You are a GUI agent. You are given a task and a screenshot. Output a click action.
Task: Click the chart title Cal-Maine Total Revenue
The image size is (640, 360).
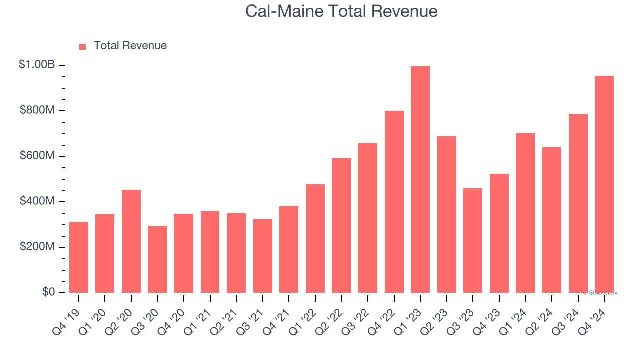(341, 11)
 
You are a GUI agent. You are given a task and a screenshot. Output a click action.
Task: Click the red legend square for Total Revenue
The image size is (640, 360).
(83, 47)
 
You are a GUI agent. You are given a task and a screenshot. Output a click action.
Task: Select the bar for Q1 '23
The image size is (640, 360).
(420, 179)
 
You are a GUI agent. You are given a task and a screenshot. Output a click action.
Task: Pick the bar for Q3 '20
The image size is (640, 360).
(157, 259)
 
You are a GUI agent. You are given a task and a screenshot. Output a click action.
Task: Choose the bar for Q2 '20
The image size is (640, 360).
(131, 241)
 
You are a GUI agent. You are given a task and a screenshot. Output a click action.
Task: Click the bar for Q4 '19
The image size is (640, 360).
(79, 257)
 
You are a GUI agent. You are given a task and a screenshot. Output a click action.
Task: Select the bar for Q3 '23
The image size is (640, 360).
(473, 240)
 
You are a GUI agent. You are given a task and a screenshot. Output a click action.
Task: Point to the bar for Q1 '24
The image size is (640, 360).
(525, 213)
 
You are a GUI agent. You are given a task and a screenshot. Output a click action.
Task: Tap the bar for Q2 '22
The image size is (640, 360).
(341, 225)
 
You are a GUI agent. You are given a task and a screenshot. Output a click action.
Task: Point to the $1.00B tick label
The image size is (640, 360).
(37, 65)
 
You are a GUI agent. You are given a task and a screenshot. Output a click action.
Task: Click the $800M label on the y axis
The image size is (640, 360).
(37, 110)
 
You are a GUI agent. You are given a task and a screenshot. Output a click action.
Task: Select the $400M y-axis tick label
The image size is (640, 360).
(37, 201)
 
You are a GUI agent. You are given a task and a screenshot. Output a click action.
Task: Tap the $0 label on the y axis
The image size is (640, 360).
(48, 292)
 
